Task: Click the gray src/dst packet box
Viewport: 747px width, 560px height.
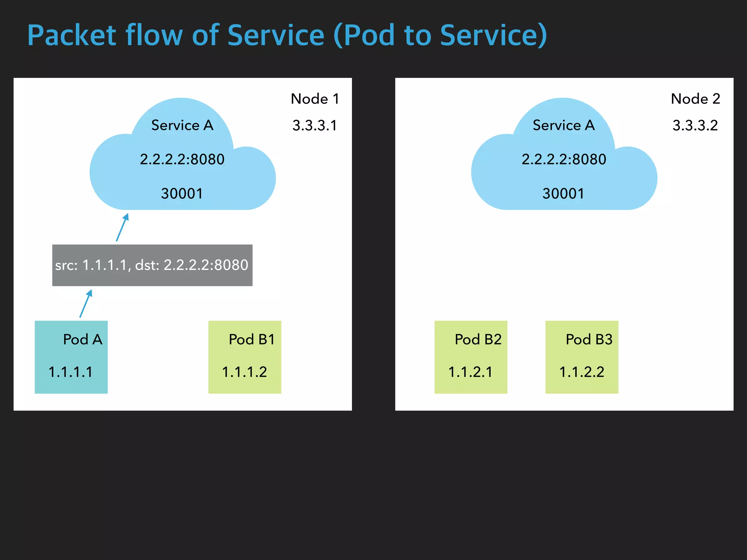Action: pyautogui.click(x=152, y=265)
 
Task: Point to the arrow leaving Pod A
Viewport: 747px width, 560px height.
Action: pyautogui.click(x=86, y=303)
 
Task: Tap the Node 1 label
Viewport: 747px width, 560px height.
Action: pyautogui.click(x=315, y=99)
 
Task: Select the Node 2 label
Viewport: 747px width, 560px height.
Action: pyautogui.click(x=695, y=99)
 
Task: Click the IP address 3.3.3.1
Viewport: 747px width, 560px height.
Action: pyautogui.click(x=314, y=125)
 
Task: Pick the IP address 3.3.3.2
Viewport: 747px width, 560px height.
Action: pyautogui.click(x=695, y=125)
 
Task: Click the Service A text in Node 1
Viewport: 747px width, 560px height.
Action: pyautogui.click(x=182, y=125)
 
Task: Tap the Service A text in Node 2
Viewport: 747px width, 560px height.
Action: pyautogui.click(x=564, y=125)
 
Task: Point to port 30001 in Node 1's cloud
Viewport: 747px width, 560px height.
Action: pyautogui.click(x=182, y=194)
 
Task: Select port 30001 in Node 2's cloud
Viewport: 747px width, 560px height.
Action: pyautogui.click(x=563, y=194)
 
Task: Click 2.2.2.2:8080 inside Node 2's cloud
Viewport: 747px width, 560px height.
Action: pyautogui.click(x=564, y=159)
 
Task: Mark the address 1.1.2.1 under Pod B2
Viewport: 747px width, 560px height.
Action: pyautogui.click(x=470, y=372)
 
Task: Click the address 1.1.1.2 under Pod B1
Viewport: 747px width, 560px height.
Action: pyautogui.click(x=244, y=372)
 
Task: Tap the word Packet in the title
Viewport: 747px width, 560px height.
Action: pyautogui.click(x=72, y=35)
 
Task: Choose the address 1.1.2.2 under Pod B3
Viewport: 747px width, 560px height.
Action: pyautogui.click(x=581, y=372)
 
